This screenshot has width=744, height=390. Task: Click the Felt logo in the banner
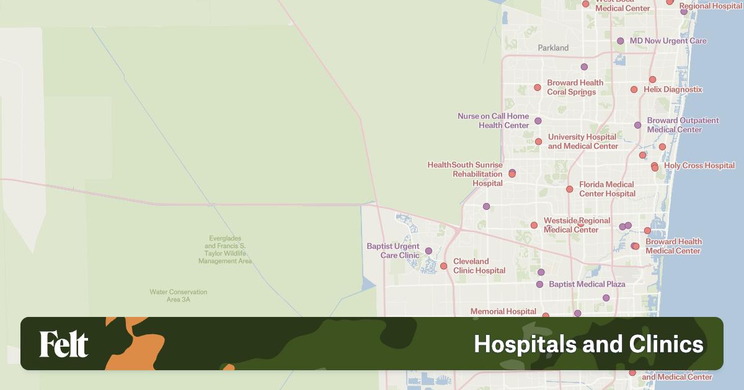[x=64, y=344]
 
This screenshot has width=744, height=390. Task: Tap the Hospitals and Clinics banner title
[x=588, y=344]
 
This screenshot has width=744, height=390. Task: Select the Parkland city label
[x=553, y=48]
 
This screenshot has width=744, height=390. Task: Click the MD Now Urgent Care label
[x=668, y=41]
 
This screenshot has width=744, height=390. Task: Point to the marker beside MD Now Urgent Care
[x=621, y=41]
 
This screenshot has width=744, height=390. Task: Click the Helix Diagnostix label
[x=673, y=89]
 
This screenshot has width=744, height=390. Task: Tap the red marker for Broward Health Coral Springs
[x=538, y=87]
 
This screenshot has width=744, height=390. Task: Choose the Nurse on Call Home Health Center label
[x=494, y=121]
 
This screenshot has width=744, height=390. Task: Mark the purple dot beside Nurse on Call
[x=538, y=121]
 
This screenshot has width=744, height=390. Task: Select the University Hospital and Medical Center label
[x=583, y=142]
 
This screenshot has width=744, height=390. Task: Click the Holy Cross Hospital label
[x=699, y=165]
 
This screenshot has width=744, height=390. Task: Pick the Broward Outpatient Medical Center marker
[x=637, y=125]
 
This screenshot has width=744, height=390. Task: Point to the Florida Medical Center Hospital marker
[x=570, y=189]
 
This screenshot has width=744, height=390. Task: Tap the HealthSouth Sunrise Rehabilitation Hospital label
[x=465, y=174]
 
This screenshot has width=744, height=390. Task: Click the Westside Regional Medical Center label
[x=577, y=225]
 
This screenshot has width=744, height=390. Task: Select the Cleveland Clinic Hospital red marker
[x=444, y=266]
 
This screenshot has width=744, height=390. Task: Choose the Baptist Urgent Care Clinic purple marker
[x=428, y=251]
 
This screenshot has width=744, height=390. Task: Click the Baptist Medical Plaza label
[x=587, y=284]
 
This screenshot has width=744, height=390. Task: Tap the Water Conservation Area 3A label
[x=179, y=295]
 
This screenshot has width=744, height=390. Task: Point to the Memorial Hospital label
[x=503, y=311]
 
